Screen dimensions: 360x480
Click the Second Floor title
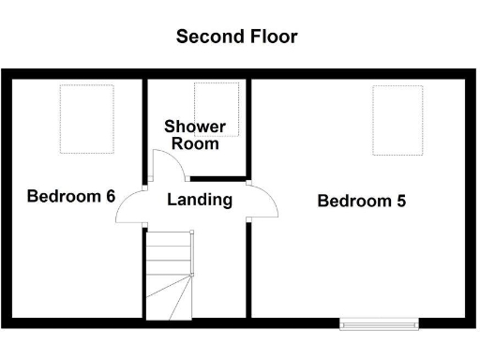click(x=237, y=37)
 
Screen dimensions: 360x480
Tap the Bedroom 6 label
click(x=70, y=197)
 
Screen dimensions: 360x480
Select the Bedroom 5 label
click(x=361, y=201)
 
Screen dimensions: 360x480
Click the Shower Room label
click(x=195, y=135)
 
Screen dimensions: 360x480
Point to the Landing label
click(x=200, y=200)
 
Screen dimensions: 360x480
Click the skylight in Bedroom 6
click(x=87, y=118)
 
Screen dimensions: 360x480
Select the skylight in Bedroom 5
click(x=397, y=120)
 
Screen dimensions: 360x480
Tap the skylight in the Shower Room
click(x=217, y=109)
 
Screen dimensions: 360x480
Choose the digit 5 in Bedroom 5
click(x=400, y=201)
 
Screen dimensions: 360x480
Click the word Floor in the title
click(x=274, y=37)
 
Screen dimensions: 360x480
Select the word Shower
click(x=195, y=127)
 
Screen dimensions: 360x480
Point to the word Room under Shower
click(x=196, y=143)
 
